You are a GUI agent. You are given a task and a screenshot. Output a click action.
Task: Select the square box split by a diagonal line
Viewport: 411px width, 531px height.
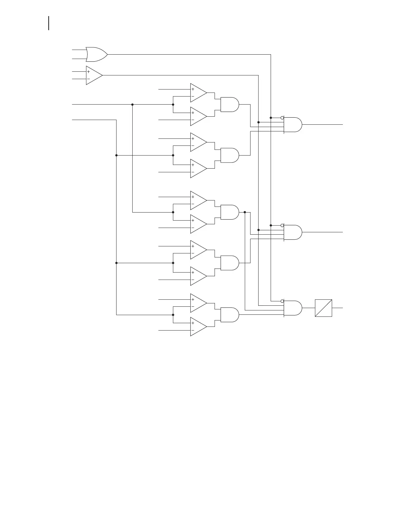click(323, 308)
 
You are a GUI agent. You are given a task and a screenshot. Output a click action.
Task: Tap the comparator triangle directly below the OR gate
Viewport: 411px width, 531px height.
click(93, 75)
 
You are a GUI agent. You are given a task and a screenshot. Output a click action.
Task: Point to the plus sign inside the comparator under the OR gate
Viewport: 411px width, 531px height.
click(89, 72)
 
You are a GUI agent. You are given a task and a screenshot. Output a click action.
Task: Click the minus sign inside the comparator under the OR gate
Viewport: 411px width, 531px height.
click(89, 79)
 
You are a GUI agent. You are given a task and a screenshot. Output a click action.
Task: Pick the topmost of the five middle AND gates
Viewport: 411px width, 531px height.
click(229, 105)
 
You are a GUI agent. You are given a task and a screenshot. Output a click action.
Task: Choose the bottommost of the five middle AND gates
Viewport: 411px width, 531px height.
click(229, 315)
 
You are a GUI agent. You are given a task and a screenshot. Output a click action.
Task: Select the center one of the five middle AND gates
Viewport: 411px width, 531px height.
click(229, 212)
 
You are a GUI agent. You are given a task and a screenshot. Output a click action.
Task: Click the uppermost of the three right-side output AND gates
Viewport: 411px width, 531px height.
click(292, 125)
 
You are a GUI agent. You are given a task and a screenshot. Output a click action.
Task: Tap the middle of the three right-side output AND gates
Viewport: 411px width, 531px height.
click(292, 232)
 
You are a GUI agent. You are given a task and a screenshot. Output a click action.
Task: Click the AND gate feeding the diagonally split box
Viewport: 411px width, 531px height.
click(292, 308)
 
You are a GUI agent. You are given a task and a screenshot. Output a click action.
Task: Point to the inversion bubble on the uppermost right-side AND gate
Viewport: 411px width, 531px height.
click(282, 118)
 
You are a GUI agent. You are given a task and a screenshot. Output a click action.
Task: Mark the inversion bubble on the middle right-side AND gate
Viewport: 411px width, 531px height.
click(282, 225)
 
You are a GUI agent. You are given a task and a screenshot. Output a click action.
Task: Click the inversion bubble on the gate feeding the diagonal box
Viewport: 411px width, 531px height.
click(282, 301)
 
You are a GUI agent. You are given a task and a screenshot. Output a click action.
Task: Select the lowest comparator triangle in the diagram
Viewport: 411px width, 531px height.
click(198, 327)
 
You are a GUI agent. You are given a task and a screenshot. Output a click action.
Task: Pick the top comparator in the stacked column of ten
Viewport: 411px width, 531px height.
click(198, 93)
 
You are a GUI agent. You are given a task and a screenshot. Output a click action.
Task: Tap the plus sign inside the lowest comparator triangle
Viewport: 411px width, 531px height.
click(193, 323)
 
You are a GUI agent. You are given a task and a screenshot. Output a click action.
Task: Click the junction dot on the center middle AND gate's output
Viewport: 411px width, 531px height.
click(245, 212)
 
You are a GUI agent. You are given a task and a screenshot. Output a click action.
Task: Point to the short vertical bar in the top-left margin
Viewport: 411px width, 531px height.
click(49, 23)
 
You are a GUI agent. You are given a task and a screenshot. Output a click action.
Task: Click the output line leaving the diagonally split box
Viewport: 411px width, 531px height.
click(337, 308)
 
